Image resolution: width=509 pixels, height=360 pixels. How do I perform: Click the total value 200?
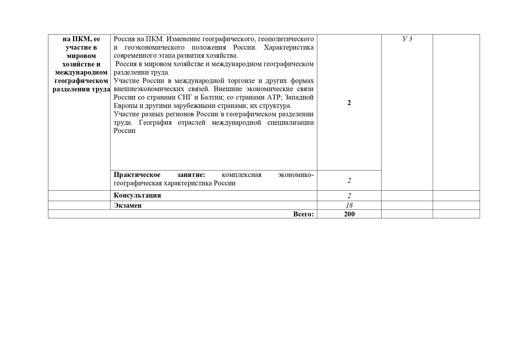click(349, 214)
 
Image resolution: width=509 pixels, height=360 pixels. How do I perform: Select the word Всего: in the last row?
click(303, 214)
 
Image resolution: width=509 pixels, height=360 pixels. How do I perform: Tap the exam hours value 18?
click(349, 205)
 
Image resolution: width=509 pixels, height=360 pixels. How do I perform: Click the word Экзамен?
click(128, 205)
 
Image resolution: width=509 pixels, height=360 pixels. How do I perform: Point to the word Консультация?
click(137, 195)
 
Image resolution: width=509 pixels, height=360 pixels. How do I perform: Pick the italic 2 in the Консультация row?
click(349, 196)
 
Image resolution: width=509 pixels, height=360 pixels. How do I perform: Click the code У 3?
click(407, 39)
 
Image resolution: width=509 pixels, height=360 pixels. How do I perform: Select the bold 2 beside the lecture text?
click(349, 103)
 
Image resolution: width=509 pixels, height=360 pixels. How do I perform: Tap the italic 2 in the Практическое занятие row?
click(349, 180)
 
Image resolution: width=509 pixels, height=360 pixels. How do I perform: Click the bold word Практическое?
click(137, 175)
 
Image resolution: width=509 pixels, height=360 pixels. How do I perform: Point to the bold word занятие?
click(191, 175)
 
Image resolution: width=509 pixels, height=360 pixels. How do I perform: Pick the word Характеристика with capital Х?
click(289, 47)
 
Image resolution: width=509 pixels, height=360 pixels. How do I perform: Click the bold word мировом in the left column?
click(81, 56)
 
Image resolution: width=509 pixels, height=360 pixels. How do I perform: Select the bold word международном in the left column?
click(81, 72)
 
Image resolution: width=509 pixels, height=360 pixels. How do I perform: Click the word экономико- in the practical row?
click(296, 175)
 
